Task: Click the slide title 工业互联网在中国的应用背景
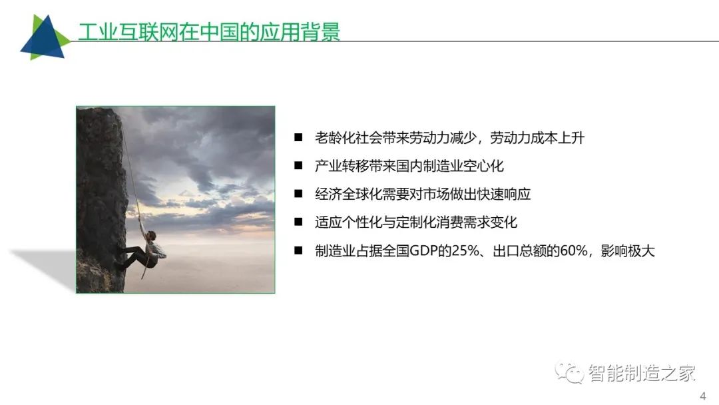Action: (209, 32)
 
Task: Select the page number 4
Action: (703, 396)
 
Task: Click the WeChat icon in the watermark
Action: (569, 372)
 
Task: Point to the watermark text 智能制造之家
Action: (642, 373)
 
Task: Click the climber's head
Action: (151, 236)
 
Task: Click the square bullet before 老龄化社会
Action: (298, 137)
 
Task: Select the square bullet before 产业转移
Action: (298, 166)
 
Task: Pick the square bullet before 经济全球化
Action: (298, 194)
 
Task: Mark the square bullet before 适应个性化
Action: (298, 222)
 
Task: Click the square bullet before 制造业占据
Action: (298, 250)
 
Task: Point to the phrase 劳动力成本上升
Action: (537, 138)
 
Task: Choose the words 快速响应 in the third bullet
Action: (504, 194)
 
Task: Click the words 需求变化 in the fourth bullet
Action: (490, 222)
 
